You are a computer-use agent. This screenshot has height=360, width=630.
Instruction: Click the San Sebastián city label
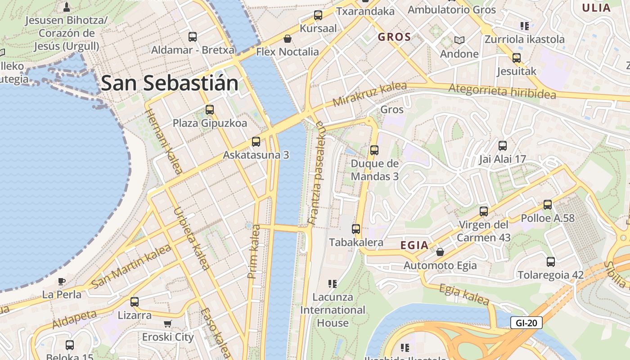[x=170, y=84]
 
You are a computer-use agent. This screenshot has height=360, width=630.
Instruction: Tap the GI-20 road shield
[x=526, y=323]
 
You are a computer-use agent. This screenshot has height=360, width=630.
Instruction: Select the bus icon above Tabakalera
[x=356, y=229]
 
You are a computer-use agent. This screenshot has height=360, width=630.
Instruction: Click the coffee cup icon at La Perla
[x=62, y=282]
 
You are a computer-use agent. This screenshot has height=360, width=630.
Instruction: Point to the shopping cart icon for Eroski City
[x=168, y=324]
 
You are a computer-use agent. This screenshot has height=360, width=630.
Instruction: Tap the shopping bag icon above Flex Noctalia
[x=287, y=39]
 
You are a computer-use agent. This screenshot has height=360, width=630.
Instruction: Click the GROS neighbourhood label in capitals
[x=394, y=37]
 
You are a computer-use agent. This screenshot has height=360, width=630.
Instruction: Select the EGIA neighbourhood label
[x=414, y=245]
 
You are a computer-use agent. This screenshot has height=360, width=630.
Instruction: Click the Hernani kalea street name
[x=165, y=142]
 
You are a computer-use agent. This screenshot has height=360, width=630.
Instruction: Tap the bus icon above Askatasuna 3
[x=256, y=142]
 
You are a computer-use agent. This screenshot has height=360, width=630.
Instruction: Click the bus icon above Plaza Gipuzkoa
[x=209, y=109]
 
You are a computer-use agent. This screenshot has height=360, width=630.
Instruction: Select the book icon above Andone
[x=459, y=40]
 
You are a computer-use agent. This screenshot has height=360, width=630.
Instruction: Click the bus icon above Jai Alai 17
[x=503, y=146]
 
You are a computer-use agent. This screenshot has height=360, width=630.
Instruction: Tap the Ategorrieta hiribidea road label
[x=502, y=91]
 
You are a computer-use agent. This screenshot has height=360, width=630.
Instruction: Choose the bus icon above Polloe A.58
[x=548, y=205]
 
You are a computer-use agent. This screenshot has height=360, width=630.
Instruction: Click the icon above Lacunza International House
[x=333, y=283]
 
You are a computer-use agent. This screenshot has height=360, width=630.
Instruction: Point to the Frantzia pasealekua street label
[x=317, y=173]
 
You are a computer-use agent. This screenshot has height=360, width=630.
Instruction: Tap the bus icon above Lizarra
[x=134, y=302]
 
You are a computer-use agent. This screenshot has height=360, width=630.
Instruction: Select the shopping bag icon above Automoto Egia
[x=440, y=252]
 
